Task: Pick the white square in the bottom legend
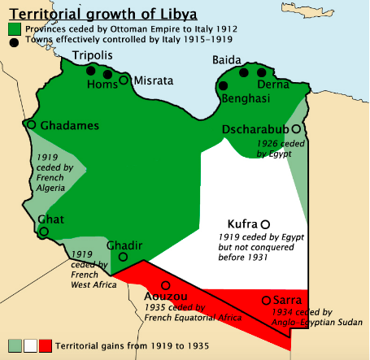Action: point(30,345)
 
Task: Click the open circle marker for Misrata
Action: point(124,79)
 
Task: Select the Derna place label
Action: point(272,85)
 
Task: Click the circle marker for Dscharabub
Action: point(297,128)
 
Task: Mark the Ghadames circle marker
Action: point(31,125)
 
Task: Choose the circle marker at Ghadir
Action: point(123,257)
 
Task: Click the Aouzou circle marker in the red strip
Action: point(166,285)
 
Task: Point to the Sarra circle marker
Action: point(266,300)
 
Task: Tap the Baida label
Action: point(227,59)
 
